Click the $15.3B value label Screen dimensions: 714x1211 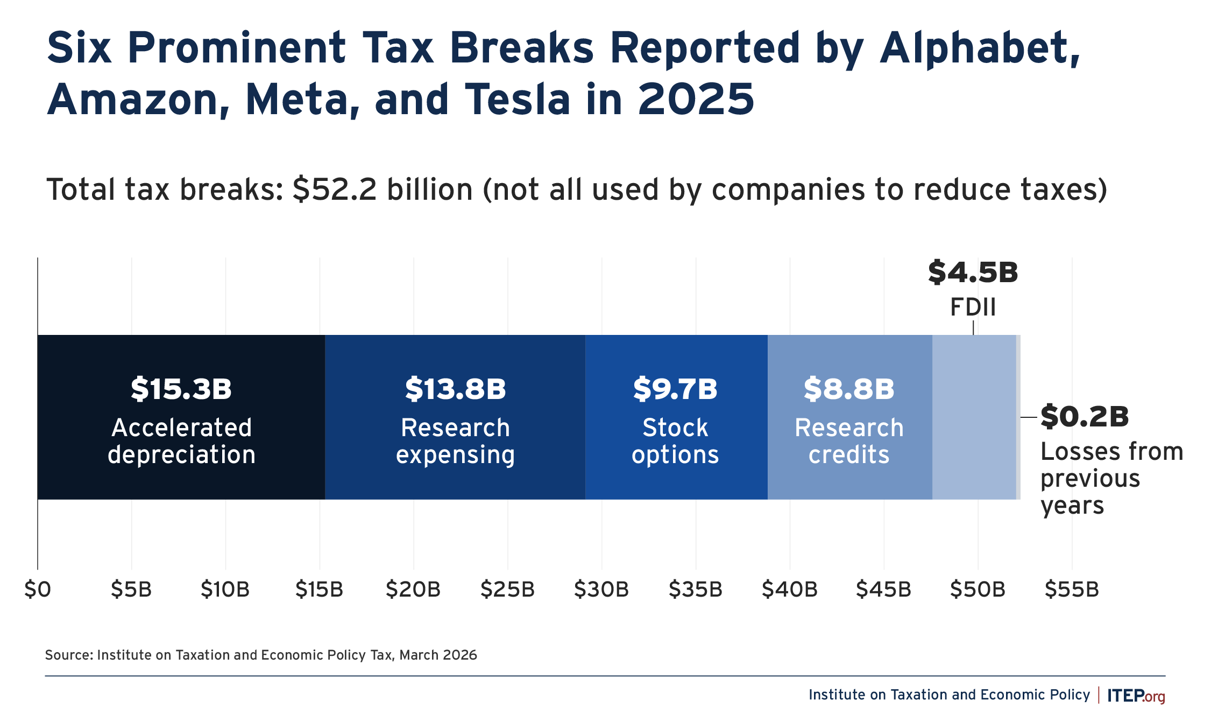(x=181, y=389)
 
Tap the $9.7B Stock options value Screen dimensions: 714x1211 (x=675, y=389)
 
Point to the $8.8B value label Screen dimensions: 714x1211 (x=849, y=389)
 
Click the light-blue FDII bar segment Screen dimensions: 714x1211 (x=974, y=417)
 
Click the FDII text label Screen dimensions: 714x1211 (x=973, y=307)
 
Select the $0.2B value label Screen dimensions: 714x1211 (x=1085, y=416)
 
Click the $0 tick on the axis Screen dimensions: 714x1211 (x=38, y=590)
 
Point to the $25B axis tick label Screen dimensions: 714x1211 (x=507, y=590)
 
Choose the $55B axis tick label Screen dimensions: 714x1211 (x=1072, y=590)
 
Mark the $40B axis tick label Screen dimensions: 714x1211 (x=789, y=590)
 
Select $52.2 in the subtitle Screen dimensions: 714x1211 (x=335, y=190)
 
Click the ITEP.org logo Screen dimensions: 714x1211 (x=1136, y=695)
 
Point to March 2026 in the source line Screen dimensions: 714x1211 (x=438, y=655)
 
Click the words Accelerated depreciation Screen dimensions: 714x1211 (x=181, y=441)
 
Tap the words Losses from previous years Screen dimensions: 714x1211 (x=1111, y=478)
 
